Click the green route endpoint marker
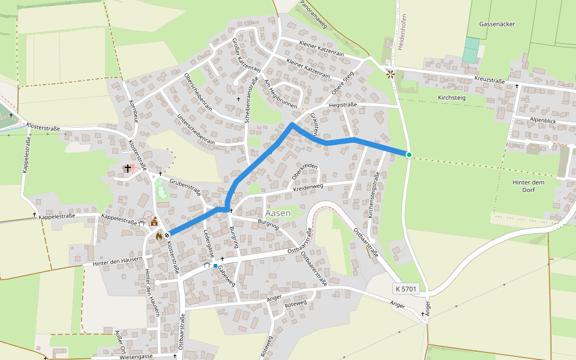[x=409, y=155]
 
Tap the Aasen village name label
[x=277, y=213]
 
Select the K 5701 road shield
[x=406, y=289]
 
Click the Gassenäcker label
[x=497, y=24]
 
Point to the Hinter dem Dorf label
[x=528, y=186]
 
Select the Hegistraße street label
[x=343, y=104]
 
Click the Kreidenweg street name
[x=308, y=188]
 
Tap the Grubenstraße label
[x=185, y=185]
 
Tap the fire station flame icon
[x=159, y=236]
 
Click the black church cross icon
[x=128, y=169]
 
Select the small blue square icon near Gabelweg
[x=215, y=265]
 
